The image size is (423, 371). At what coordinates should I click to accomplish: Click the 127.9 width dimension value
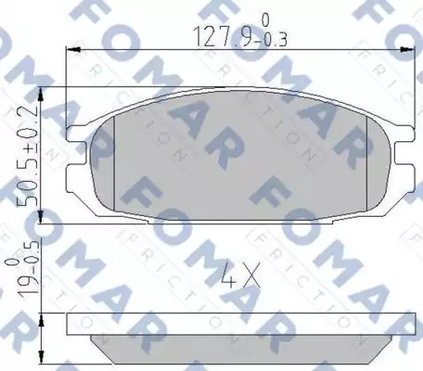tap(221, 37)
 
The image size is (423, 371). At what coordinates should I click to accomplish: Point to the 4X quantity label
tap(240, 275)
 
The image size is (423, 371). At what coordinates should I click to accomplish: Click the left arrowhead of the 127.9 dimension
tap(73, 49)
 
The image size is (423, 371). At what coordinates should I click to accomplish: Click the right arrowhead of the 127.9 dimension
tap(407, 49)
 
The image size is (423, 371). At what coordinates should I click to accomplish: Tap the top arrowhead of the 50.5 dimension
tap(41, 95)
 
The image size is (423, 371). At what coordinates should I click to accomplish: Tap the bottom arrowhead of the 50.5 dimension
tap(41, 216)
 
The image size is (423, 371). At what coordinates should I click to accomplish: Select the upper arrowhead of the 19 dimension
tap(42, 320)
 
